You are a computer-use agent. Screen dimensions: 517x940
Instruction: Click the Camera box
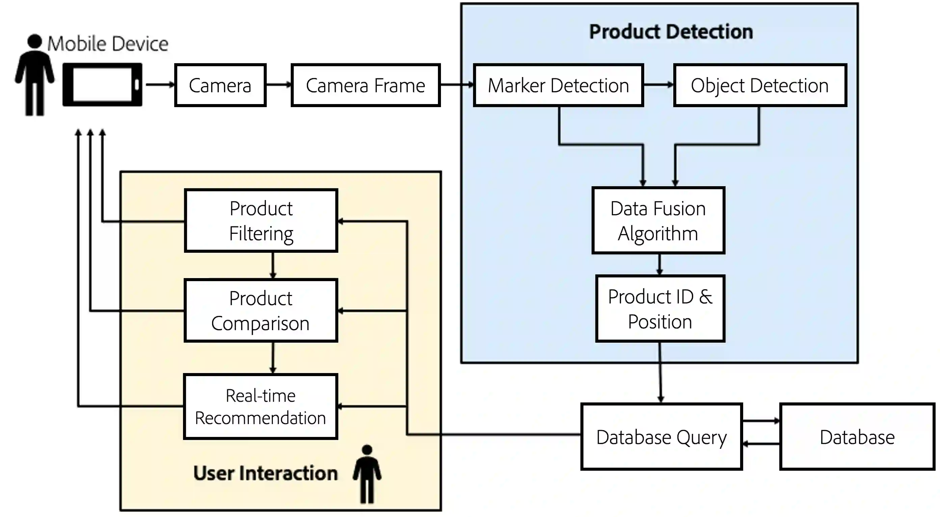(x=220, y=85)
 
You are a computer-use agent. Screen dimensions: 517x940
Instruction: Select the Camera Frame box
(x=366, y=85)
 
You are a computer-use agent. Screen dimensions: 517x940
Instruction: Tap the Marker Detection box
(x=558, y=85)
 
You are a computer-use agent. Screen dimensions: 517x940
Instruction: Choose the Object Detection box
(x=760, y=85)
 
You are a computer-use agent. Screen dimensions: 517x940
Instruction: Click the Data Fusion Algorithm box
(x=658, y=221)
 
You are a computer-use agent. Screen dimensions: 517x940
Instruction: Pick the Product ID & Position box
(x=660, y=309)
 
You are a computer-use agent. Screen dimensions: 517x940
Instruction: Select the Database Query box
(x=661, y=437)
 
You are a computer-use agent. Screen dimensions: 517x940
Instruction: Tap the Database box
(x=857, y=437)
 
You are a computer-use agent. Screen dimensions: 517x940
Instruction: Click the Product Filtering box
(x=261, y=221)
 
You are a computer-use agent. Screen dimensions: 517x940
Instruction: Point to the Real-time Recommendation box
(x=261, y=407)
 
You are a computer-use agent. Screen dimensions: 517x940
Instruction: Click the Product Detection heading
(x=671, y=32)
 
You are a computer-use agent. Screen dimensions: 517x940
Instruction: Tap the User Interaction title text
(x=265, y=473)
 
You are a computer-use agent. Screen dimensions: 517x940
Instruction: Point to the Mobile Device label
(x=108, y=44)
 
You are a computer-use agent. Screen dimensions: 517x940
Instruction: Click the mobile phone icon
(x=103, y=85)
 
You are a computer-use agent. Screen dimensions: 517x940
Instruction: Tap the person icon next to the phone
(x=35, y=75)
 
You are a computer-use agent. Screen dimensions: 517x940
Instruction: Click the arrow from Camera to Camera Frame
(x=279, y=85)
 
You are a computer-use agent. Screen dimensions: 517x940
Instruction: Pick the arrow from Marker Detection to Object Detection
(x=658, y=85)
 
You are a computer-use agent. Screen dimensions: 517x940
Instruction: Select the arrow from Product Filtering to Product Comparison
(x=273, y=266)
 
